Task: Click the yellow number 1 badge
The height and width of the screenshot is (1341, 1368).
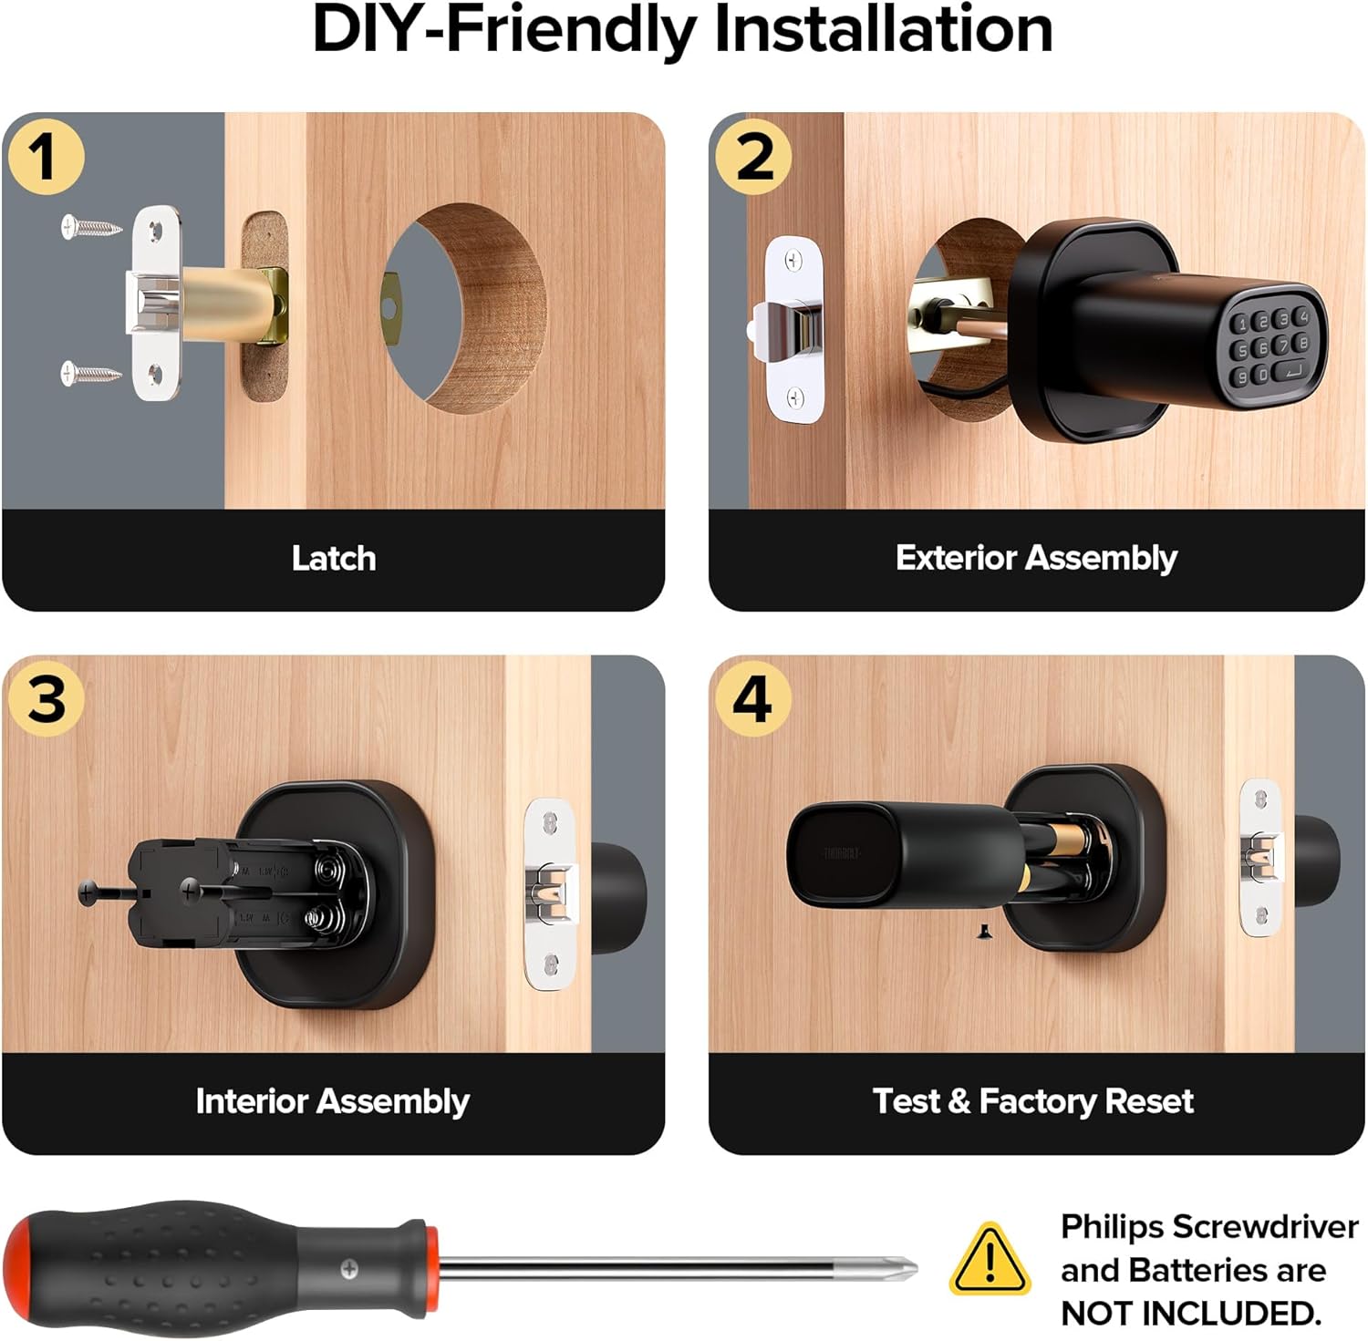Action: click(x=46, y=156)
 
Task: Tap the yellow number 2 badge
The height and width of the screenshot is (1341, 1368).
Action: click(x=752, y=156)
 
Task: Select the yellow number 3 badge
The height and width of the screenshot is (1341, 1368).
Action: click(x=46, y=699)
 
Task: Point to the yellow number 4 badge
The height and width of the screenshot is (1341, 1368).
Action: click(x=752, y=699)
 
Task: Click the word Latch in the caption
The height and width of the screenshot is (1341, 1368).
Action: click(x=334, y=558)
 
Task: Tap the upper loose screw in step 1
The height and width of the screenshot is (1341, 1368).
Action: click(x=91, y=226)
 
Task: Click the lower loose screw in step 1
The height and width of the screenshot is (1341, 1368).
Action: click(x=91, y=372)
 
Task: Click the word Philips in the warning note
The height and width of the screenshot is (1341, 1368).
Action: click(x=1113, y=1227)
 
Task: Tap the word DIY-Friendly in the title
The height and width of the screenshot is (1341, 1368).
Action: click(x=504, y=30)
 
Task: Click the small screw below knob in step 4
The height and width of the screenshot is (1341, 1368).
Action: click(x=984, y=931)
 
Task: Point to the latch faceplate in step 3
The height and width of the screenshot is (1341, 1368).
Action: click(x=550, y=893)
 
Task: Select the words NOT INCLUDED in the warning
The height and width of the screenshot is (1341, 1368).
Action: click(x=1191, y=1314)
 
